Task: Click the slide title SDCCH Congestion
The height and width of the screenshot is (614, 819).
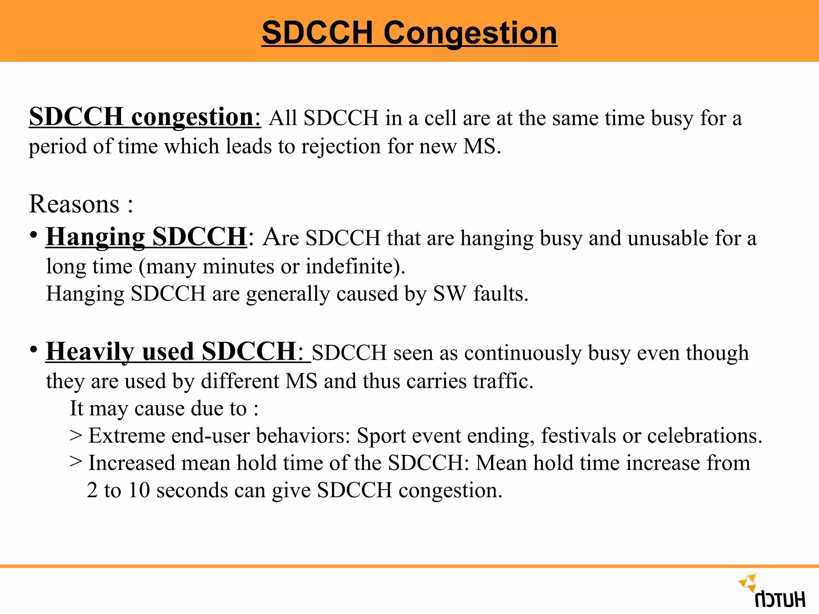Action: tap(409, 33)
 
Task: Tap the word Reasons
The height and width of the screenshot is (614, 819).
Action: tap(74, 204)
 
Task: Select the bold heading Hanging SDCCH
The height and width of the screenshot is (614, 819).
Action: tap(146, 237)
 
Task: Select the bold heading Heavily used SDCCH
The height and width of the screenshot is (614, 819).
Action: tap(171, 352)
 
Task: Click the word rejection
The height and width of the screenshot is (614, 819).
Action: tap(341, 147)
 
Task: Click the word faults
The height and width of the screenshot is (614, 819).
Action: tap(501, 294)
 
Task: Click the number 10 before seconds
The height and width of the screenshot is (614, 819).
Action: tap(139, 490)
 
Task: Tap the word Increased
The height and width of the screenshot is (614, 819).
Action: tap(132, 463)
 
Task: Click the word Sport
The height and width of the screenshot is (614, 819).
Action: tap(381, 436)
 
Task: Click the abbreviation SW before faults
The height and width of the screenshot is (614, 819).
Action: tap(449, 294)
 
